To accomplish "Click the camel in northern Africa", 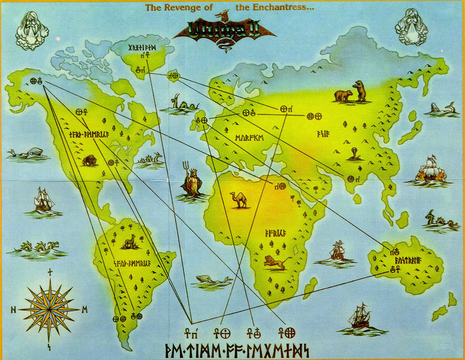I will pyautogui.click(x=239, y=200).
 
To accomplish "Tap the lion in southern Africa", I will pyautogui.click(x=277, y=261).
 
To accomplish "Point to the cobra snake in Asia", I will pyautogui.click(x=355, y=154).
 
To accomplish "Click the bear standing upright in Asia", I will pyautogui.click(x=359, y=91).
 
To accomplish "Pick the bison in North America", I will pyautogui.click(x=89, y=160).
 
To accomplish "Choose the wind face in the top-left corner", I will pyautogui.click(x=31, y=30).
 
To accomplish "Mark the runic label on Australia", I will pyautogui.click(x=409, y=261).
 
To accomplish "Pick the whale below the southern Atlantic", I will pyautogui.click(x=209, y=281).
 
